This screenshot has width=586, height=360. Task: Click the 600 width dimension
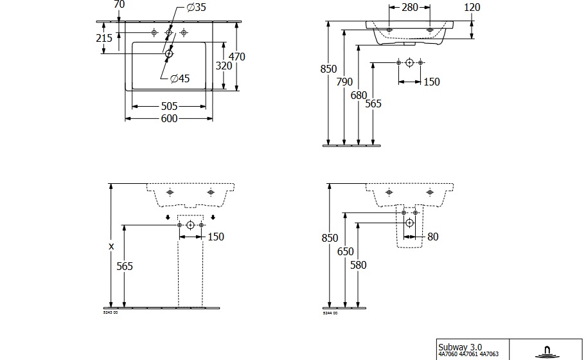click(x=168, y=118)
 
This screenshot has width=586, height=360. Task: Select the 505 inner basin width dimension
click(x=168, y=106)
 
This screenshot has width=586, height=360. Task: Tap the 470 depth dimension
click(x=237, y=57)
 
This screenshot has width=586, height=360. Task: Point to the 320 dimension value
click(x=223, y=66)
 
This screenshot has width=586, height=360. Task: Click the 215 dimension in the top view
click(x=104, y=38)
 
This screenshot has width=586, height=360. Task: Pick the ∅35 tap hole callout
click(x=196, y=8)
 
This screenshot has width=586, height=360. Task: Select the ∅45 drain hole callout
click(x=179, y=78)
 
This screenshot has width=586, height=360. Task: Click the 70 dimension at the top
click(x=118, y=4)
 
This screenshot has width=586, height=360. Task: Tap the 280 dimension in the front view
click(x=409, y=8)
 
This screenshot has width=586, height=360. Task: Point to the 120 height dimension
click(x=472, y=8)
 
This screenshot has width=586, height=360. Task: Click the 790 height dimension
click(x=345, y=82)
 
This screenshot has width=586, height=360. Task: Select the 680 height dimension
click(x=359, y=96)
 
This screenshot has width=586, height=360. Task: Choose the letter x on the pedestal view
click(x=111, y=246)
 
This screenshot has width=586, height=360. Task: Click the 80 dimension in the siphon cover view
click(x=432, y=237)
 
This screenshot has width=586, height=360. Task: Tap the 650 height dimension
click(x=346, y=251)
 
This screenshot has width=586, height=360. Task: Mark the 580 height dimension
click(x=359, y=264)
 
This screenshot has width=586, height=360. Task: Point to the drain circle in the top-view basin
click(x=169, y=54)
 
